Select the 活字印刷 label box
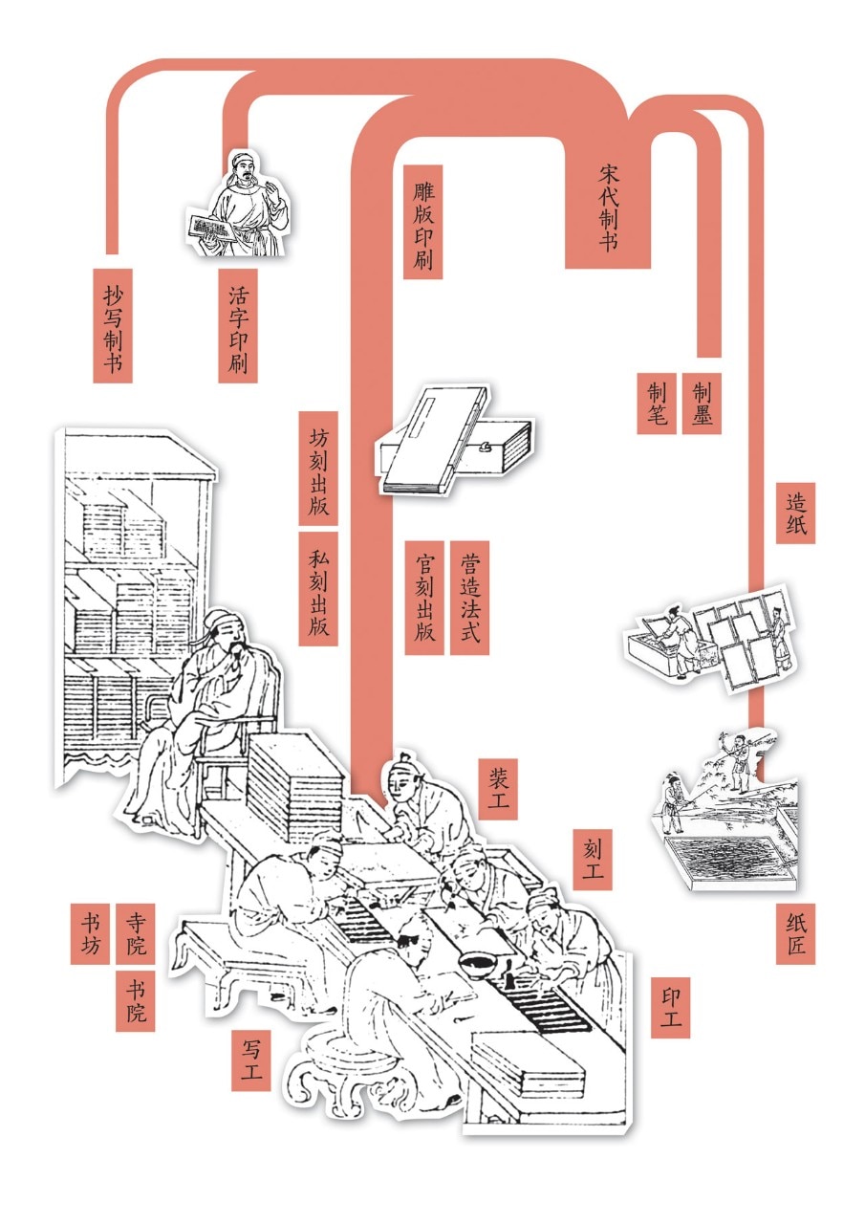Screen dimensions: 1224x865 pos(238,325)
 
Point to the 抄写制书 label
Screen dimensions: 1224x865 pos(113,325)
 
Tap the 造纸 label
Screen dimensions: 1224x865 pos(795,513)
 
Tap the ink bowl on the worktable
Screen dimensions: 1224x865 pos(478,959)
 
